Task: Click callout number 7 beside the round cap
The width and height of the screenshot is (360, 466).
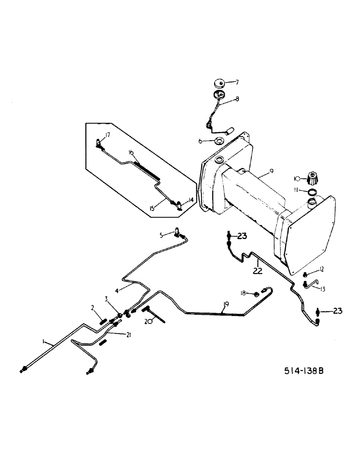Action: (x=236, y=82)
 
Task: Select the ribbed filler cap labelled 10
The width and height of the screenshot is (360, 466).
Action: (x=312, y=178)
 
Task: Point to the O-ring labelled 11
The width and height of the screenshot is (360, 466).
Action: (x=312, y=192)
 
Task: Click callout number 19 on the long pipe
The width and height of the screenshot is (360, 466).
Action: (x=225, y=305)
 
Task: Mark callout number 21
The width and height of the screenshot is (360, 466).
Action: (x=127, y=334)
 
